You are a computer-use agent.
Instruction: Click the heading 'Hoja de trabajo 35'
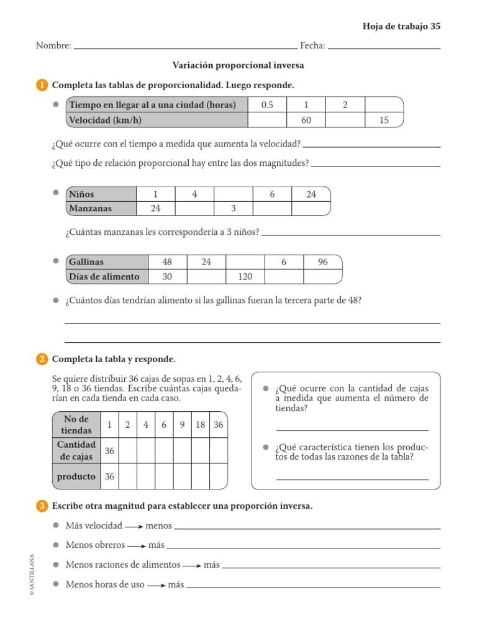[x=401, y=26]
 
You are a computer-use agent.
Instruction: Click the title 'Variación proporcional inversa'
[x=238, y=65]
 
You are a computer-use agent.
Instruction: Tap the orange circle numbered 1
[x=42, y=85]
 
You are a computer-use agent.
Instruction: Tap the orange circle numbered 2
[x=42, y=359]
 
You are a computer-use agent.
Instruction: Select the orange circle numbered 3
[x=42, y=506]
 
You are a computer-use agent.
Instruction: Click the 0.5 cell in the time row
[x=267, y=105]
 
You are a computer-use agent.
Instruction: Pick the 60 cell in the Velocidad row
[x=306, y=120]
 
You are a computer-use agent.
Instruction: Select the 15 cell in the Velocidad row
[x=384, y=120]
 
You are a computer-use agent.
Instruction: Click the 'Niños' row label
[x=82, y=194]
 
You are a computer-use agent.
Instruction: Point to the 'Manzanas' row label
[x=91, y=209]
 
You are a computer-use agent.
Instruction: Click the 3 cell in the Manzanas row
[x=233, y=209]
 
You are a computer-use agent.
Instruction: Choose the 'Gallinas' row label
[x=87, y=262]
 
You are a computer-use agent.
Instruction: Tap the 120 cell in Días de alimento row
[x=245, y=276]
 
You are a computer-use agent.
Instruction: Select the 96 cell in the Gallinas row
[x=322, y=262]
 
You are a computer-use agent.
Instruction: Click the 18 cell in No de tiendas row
[x=200, y=425]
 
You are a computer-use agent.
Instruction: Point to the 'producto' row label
[x=76, y=476]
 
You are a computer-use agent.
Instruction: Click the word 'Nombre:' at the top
[x=53, y=45]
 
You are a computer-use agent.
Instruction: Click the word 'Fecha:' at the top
[x=312, y=45]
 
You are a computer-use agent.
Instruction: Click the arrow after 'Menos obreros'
[x=137, y=545]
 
